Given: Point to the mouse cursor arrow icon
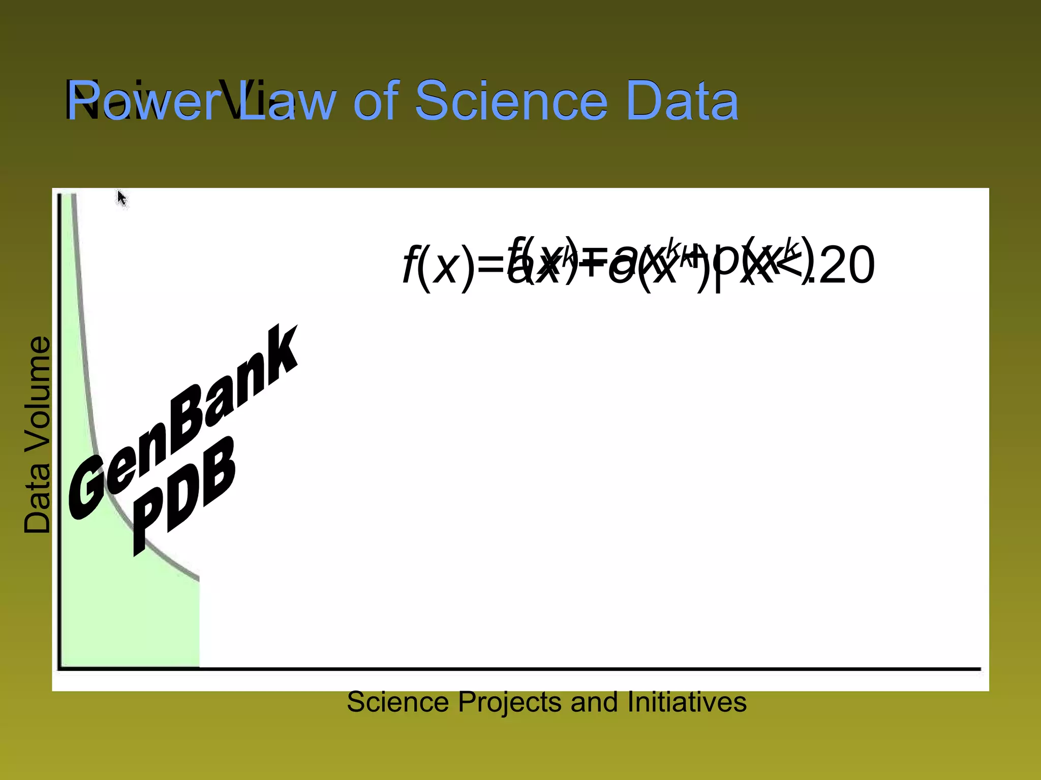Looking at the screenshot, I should (121, 198).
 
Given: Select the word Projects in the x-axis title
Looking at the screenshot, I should (510, 703).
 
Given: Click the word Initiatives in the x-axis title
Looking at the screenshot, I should (687, 702).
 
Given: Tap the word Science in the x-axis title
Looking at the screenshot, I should (398, 702).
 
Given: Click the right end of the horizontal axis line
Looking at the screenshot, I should (979, 669).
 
